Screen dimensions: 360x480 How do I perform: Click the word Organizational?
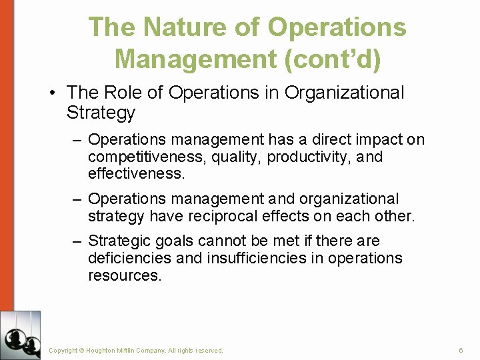pyautogui.click(x=344, y=93)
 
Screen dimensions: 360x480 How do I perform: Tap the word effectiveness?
pyautogui.click(x=134, y=174)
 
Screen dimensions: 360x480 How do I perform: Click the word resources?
pyautogui.click(x=125, y=275)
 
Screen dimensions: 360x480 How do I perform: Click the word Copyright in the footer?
pyautogui.click(x=63, y=350)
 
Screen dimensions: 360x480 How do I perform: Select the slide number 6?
pyautogui.click(x=461, y=350)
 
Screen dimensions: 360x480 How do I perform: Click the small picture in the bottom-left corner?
pyautogui.click(x=20, y=335)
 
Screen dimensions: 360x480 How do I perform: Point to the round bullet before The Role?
pyautogui.click(x=52, y=93)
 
